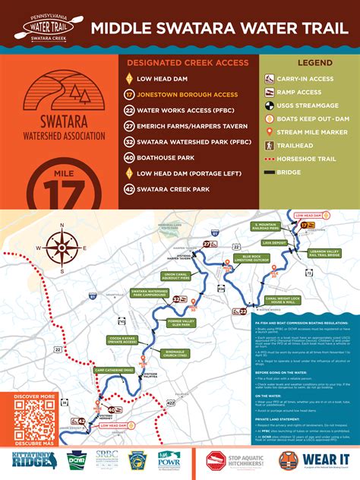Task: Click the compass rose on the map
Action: tap(58, 248)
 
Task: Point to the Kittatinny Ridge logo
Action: tap(30, 460)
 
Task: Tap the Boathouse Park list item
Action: tap(163, 157)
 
